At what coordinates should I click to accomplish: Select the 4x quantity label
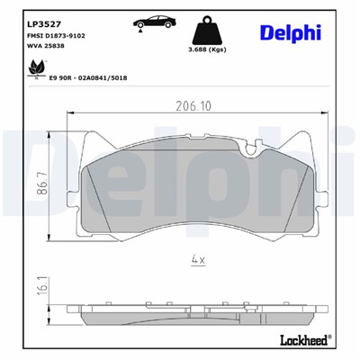pos(198,261)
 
